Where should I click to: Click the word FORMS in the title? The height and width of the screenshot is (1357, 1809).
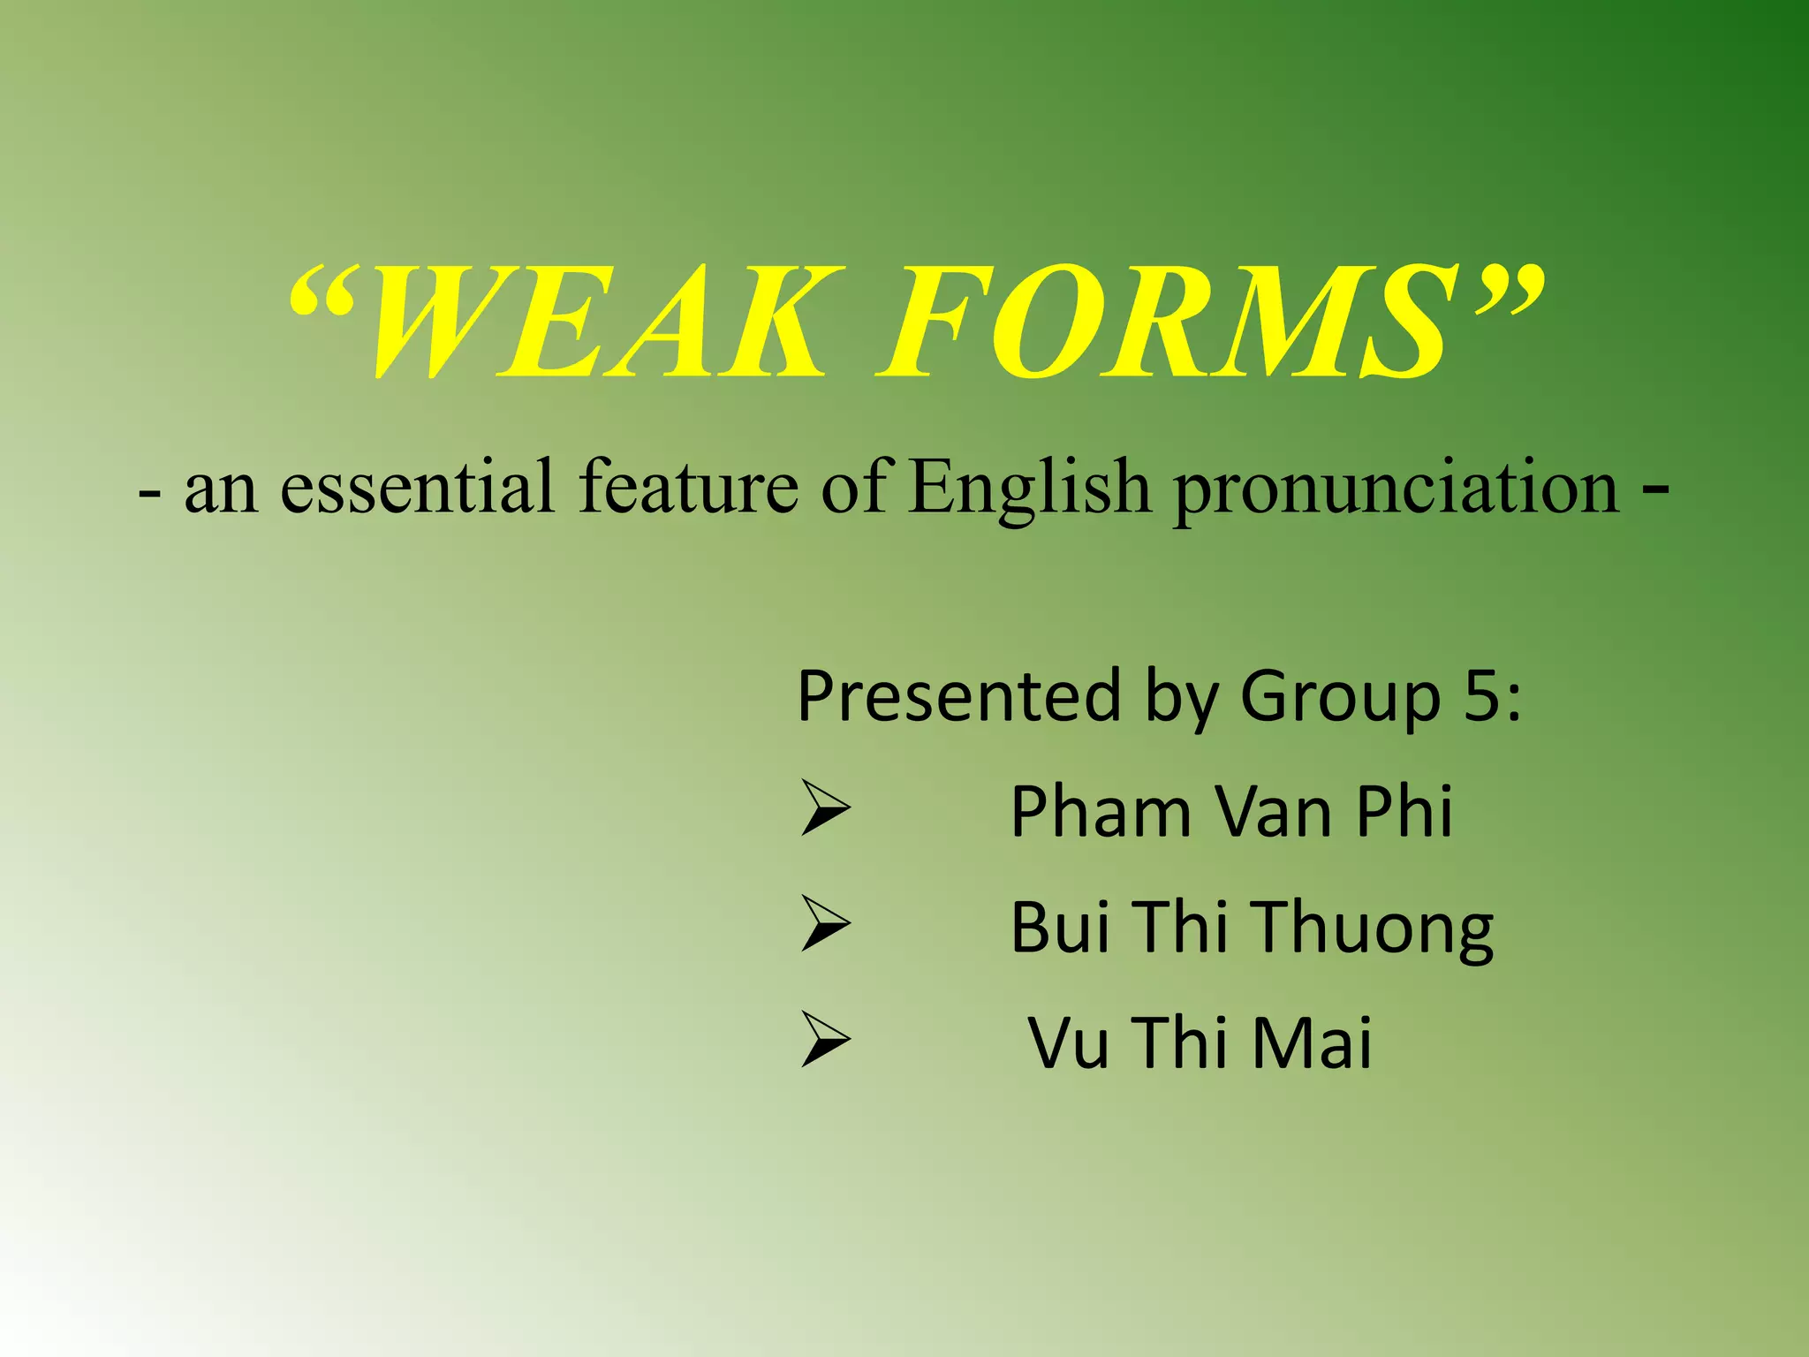pos(1166,325)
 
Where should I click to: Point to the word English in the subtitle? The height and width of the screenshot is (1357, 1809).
pos(1030,488)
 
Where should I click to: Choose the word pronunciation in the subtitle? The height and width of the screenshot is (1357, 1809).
pos(1396,490)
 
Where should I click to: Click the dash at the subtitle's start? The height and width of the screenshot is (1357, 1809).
pos(149,495)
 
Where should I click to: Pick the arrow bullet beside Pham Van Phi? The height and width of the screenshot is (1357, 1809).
pos(825,807)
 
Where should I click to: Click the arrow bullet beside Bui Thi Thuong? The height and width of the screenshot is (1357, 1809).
pos(825,923)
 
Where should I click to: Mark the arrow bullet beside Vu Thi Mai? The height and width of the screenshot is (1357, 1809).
pos(825,1039)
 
